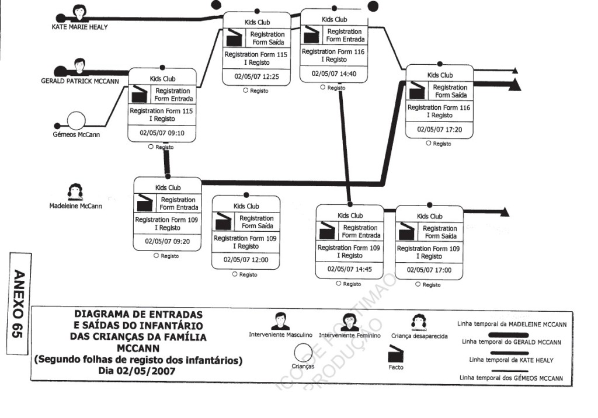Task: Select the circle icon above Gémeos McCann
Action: (76, 121)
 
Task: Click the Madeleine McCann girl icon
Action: (75, 191)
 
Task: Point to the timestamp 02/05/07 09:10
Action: (162, 133)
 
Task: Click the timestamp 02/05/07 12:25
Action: (256, 76)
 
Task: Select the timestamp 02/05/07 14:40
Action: (333, 74)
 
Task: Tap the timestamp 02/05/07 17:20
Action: (440, 130)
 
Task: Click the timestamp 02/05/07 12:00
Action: (246, 259)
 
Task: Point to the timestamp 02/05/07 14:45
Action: (350, 270)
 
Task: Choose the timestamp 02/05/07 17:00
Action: (429, 270)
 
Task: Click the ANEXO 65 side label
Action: (18, 303)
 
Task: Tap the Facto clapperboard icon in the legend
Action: (395, 354)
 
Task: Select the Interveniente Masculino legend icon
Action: (280, 322)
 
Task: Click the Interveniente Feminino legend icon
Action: (350, 322)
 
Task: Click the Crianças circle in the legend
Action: (303, 353)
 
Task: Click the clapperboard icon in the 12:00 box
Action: (224, 222)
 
